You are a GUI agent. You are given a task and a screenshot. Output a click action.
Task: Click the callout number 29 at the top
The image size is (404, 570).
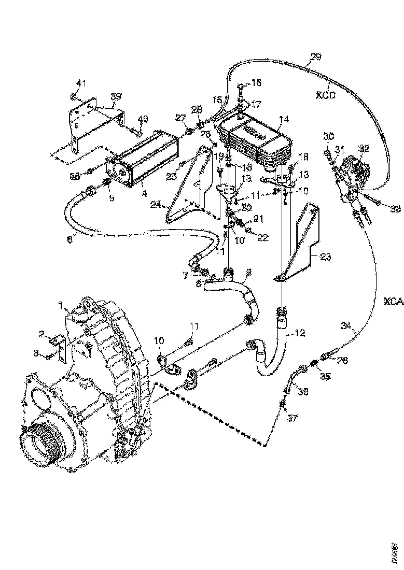click(x=315, y=57)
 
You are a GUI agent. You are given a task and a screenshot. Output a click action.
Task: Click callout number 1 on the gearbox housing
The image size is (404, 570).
click(x=61, y=304)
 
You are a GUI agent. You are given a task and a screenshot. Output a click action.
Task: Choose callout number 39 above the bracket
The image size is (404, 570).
click(x=115, y=97)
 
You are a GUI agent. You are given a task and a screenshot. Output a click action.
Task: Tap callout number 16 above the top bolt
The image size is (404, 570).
click(x=257, y=83)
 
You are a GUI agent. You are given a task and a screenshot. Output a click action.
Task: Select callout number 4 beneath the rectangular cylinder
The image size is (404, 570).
click(x=144, y=193)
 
